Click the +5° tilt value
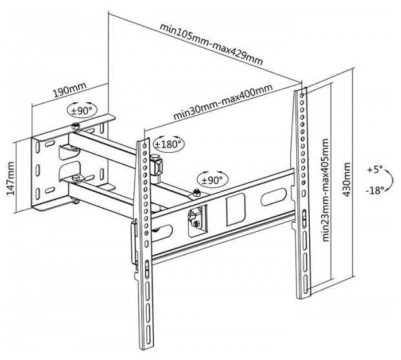[374, 169]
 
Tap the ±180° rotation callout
[168, 143]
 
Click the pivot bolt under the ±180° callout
[155, 159]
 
